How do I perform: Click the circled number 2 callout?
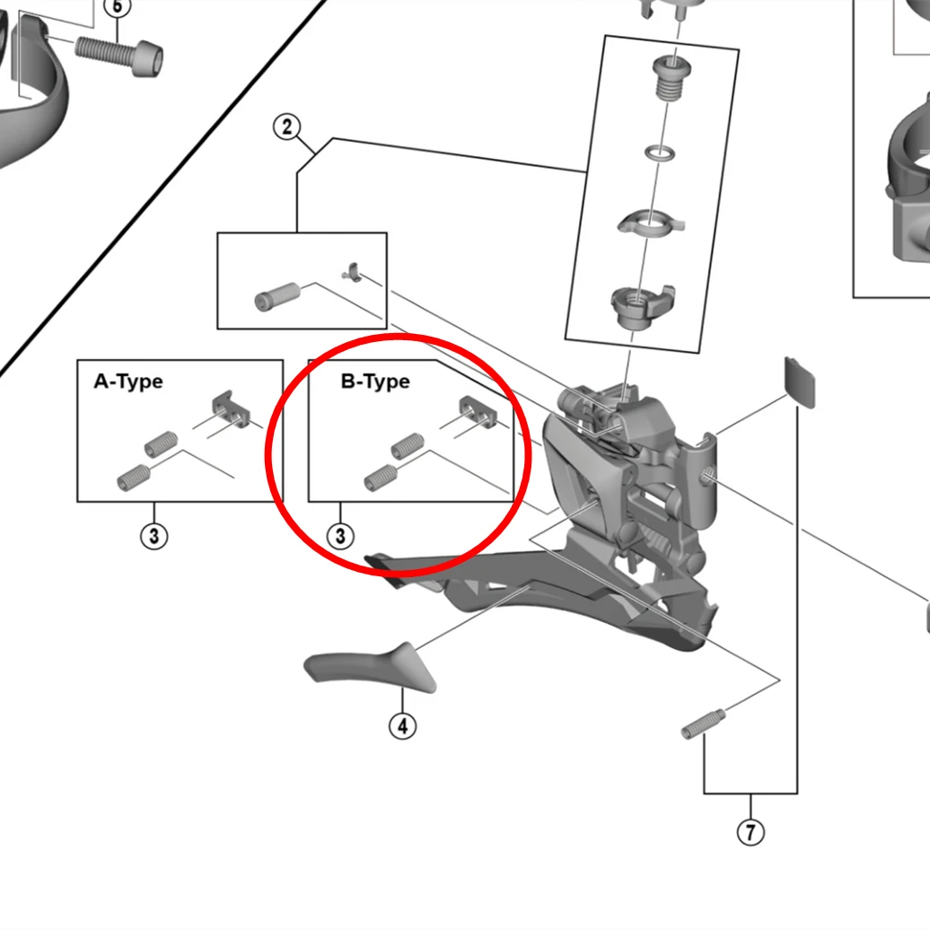coord(286,127)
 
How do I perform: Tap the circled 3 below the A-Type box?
coord(154,537)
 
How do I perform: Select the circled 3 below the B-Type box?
coord(340,537)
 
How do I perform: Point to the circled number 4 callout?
coord(402,725)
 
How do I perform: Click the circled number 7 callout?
coord(750,832)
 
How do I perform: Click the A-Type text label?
coord(128,382)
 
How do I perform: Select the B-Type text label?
coord(375,382)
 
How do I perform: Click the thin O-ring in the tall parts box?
coord(661,154)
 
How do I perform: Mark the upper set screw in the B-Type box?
coord(407,444)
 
